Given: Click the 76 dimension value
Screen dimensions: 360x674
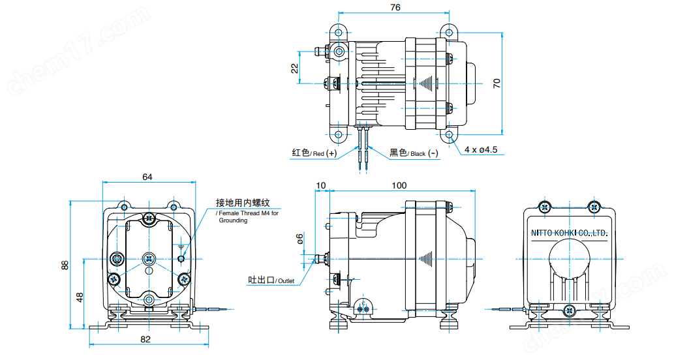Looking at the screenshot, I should click(395, 7).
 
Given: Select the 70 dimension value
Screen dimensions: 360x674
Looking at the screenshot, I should click(497, 83).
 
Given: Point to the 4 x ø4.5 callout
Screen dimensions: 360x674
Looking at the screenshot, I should click(481, 149).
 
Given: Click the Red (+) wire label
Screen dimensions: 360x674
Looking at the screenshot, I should click(314, 153).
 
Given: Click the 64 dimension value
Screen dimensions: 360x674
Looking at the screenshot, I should click(147, 177).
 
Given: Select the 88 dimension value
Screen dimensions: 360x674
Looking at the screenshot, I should click(65, 265).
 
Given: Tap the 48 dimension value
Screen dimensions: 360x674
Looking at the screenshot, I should click(80, 296).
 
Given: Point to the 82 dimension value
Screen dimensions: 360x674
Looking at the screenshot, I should click(146, 339).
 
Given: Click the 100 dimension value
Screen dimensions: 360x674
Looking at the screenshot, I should click(399, 185).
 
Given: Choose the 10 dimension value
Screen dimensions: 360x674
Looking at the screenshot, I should click(320, 185).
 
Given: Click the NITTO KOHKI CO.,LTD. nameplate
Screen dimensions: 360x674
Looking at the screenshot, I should click(568, 232).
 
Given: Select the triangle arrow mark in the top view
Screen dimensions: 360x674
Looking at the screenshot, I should click(426, 83).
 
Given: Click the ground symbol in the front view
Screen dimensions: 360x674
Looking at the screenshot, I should click(181, 247).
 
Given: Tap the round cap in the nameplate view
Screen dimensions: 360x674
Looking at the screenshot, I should click(569, 256).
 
